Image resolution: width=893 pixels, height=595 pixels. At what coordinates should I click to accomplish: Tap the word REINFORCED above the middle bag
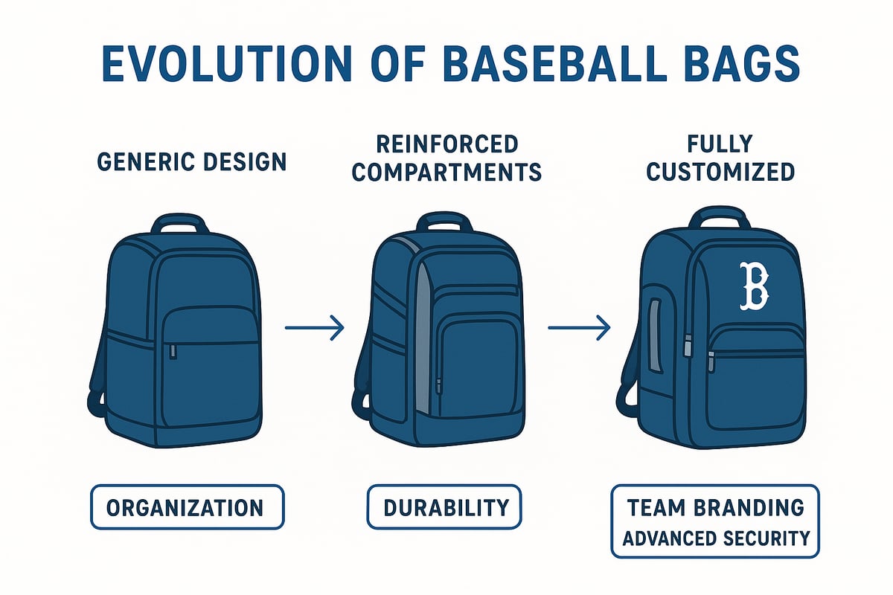[446, 144]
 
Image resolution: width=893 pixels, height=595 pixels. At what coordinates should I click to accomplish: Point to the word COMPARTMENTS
[446, 173]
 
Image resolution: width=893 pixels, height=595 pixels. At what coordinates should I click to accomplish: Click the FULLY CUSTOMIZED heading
[720, 158]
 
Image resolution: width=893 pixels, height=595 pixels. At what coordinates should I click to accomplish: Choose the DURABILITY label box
[445, 507]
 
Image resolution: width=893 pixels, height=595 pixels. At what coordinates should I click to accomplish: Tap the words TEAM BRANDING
[715, 507]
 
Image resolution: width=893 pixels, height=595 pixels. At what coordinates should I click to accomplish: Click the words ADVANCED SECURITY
[715, 537]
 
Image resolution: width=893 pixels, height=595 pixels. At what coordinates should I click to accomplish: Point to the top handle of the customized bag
[719, 218]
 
